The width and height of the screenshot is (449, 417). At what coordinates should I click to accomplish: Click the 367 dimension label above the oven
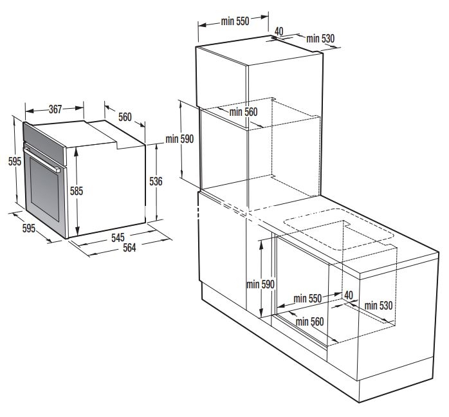[x=55, y=109]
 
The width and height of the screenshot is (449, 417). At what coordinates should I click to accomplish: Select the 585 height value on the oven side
[x=77, y=191]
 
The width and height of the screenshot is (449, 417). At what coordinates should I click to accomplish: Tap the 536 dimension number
[x=156, y=181]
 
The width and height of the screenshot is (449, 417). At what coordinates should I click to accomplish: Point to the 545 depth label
[x=118, y=237]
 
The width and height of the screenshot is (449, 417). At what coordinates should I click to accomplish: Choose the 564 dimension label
[x=129, y=248]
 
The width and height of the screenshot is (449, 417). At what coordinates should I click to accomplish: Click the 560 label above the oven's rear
[x=125, y=117]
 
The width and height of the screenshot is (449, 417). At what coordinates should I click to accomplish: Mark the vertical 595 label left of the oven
[x=15, y=162]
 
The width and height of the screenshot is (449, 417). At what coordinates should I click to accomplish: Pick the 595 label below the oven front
[x=29, y=228]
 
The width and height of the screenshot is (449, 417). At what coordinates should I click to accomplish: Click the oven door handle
[x=42, y=160]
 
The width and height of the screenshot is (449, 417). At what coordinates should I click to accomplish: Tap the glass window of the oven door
[x=44, y=189]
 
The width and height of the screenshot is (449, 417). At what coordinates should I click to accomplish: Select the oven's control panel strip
[x=45, y=144]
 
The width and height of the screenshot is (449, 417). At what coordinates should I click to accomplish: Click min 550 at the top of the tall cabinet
[x=235, y=21]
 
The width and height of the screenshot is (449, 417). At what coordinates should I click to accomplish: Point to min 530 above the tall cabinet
[x=320, y=39]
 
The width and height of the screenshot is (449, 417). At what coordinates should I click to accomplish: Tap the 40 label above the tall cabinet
[x=279, y=32]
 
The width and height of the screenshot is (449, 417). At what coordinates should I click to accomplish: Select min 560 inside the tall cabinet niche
[x=243, y=112]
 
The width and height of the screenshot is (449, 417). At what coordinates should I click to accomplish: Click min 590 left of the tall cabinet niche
[x=179, y=139]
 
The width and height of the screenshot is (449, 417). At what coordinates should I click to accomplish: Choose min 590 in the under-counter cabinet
[x=261, y=284]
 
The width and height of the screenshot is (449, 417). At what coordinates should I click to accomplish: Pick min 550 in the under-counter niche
[x=307, y=299]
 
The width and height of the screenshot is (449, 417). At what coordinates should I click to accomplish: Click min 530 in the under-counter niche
[x=378, y=306]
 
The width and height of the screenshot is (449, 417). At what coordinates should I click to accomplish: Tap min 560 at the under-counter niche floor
[x=309, y=322]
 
